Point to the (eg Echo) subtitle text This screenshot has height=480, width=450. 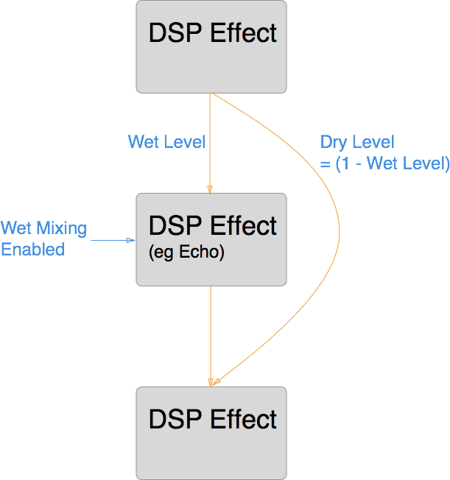click(x=186, y=253)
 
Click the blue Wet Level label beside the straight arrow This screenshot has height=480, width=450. click(x=166, y=141)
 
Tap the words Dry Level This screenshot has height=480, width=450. click(x=357, y=142)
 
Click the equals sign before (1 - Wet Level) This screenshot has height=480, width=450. click(x=325, y=165)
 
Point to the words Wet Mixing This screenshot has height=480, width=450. click(x=43, y=228)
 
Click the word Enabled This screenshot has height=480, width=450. click(x=32, y=250)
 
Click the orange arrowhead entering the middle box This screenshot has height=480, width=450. click(x=211, y=189)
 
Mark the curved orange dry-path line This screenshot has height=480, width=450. click(x=338, y=236)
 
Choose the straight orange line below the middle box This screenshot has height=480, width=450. click(x=211, y=331)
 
